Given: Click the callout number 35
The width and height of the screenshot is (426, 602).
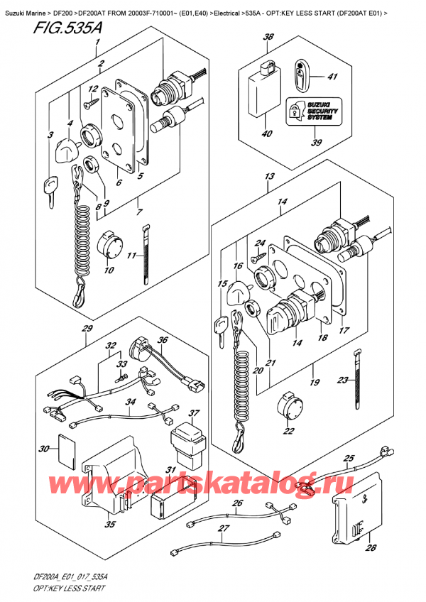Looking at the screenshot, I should click(x=108, y=526).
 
